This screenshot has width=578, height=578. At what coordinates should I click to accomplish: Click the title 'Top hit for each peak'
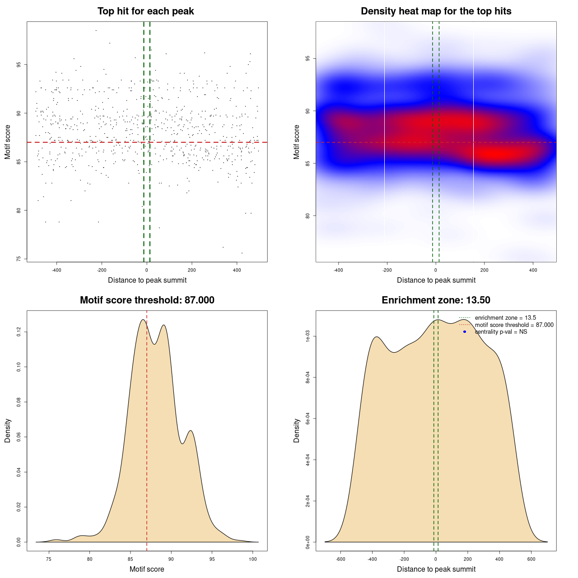pyautogui.click(x=146, y=11)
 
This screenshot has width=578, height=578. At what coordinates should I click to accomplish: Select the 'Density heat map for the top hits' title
pyautogui.click(x=436, y=11)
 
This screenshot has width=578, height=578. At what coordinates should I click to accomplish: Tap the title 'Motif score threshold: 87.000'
pyautogui.click(x=147, y=300)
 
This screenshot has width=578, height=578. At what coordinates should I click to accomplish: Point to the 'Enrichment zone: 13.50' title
pyautogui.click(x=436, y=300)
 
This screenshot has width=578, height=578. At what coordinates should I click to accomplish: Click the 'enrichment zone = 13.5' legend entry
pyautogui.click(x=505, y=318)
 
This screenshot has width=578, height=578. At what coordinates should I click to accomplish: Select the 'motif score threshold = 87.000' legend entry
pyautogui.click(x=514, y=325)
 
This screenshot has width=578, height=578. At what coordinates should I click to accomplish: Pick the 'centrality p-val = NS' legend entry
pyautogui.click(x=501, y=332)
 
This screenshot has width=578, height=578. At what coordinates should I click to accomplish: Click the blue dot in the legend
pyautogui.click(x=465, y=332)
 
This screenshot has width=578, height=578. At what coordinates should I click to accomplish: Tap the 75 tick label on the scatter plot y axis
pyautogui.click(x=19, y=259)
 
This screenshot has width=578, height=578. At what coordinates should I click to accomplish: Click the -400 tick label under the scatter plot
pyautogui.click(x=56, y=270)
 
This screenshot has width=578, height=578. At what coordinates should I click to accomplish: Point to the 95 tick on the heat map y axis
pyautogui.click(x=308, y=59)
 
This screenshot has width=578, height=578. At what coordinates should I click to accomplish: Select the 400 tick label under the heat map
pyautogui.click(x=533, y=270)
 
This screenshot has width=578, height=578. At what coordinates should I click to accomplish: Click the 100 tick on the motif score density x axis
pyautogui.click(x=253, y=559)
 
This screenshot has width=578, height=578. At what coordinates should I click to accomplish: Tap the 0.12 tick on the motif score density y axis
pyautogui.click(x=19, y=332)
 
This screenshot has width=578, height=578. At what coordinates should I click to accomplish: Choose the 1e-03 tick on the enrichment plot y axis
pyautogui.click(x=308, y=336)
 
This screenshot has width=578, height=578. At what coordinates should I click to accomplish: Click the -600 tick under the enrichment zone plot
pyautogui.click(x=340, y=559)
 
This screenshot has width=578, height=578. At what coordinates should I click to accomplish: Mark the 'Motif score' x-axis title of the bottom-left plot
pyautogui.click(x=147, y=569)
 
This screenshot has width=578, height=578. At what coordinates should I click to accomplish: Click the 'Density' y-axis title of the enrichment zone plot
pyautogui.click(x=297, y=430)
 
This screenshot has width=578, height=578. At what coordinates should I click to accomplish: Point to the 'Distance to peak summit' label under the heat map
pyautogui.click(x=436, y=280)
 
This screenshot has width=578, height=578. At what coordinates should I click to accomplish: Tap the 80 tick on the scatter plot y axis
pyautogui.click(x=19, y=210)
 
